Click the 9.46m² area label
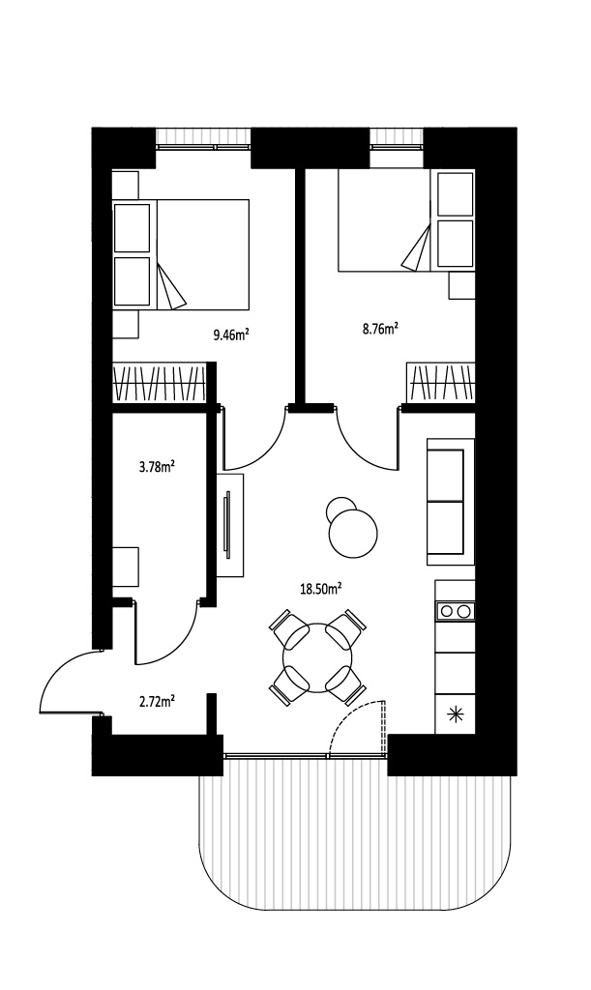(230, 335)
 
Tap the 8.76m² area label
(380, 329)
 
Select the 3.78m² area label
(157, 467)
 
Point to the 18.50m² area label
(321, 590)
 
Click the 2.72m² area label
(157, 701)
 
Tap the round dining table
(317, 657)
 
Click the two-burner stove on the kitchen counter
(456, 611)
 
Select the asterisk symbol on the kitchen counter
(455, 714)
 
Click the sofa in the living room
(451, 502)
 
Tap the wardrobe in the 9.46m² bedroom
(160, 382)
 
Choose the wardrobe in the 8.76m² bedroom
(441, 382)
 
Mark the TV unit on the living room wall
(230, 525)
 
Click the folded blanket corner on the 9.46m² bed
(170, 287)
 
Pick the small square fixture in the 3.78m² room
(125, 567)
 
